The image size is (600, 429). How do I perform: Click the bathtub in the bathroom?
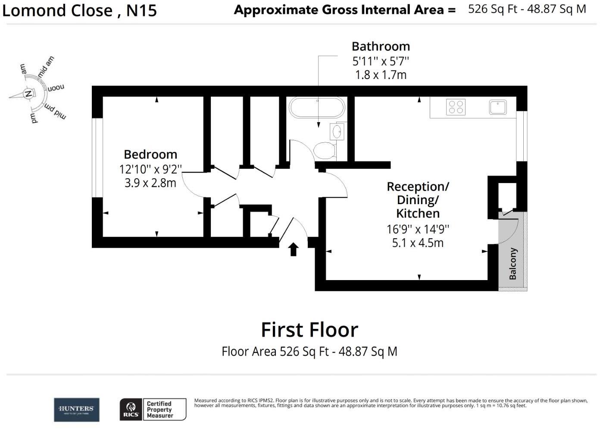[x=317, y=107]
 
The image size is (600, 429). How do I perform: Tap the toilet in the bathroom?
[x=325, y=151]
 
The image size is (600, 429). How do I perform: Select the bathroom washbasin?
[x=337, y=132]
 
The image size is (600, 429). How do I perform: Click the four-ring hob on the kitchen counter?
[x=456, y=107]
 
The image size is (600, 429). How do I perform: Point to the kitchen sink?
[x=498, y=107]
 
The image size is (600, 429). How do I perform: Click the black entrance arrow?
[x=294, y=249]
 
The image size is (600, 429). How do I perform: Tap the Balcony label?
[x=512, y=264]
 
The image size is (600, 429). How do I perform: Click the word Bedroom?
[x=150, y=155]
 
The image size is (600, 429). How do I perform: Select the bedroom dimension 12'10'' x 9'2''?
[x=150, y=169]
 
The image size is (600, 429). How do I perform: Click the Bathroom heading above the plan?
[x=381, y=47]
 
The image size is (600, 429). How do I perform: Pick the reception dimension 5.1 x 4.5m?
[x=418, y=243]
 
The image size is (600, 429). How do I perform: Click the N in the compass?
[x=28, y=94]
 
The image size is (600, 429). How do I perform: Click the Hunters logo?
[x=76, y=410]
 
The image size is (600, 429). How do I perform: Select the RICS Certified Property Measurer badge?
[x=153, y=410]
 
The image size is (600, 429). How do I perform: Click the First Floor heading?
[x=309, y=330]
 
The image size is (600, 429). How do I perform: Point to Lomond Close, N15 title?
[x=80, y=10]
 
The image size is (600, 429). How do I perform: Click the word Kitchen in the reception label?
[x=418, y=214]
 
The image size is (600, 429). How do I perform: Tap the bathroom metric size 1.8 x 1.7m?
[x=381, y=75]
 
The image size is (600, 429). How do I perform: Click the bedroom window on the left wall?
[x=97, y=158]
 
